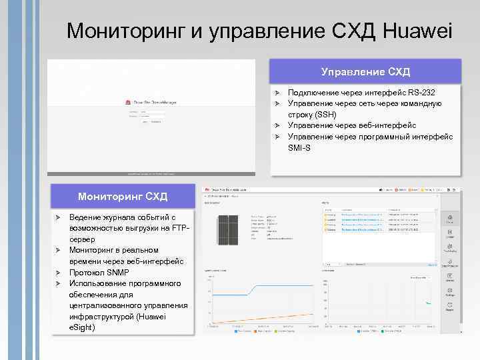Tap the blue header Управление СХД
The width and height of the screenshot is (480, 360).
point(365,71)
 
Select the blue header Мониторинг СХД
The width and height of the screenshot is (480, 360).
point(123,197)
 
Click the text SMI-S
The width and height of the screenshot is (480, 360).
point(299,147)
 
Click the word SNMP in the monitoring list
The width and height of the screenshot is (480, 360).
point(117,273)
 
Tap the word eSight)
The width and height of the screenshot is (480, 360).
point(83,327)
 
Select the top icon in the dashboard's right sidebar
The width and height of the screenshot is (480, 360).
point(451,220)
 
